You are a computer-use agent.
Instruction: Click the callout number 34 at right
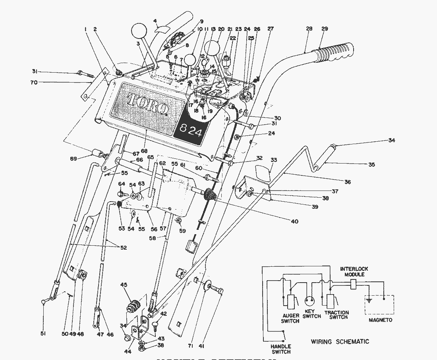point(392,140)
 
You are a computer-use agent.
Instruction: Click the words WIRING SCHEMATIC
point(340,341)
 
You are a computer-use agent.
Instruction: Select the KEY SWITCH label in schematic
point(311,314)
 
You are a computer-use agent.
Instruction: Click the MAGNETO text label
point(380,320)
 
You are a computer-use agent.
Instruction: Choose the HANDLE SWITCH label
point(281,348)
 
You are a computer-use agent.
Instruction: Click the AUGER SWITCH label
point(290,318)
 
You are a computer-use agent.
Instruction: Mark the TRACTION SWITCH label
point(336,315)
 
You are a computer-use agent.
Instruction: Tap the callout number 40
point(294,221)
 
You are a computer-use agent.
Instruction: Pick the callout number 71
point(190,346)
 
